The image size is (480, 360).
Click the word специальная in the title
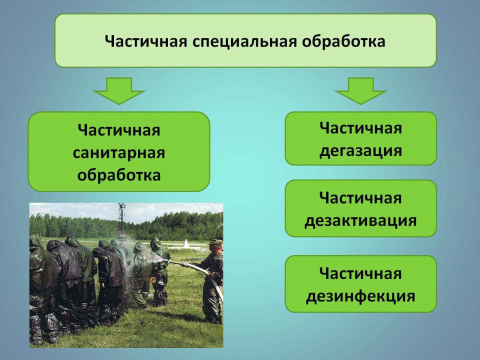point(245,41)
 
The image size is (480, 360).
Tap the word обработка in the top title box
point(343,41)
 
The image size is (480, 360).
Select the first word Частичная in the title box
point(146,41)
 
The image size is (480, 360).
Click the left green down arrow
point(119,90)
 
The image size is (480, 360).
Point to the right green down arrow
point(360,90)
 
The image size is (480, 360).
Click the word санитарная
point(119,152)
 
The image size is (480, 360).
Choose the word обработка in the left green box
point(119,175)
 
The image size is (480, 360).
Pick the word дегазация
point(360,151)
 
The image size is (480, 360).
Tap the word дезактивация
point(360,220)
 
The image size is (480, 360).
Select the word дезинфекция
point(360,296)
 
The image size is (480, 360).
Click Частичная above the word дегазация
point(360,128)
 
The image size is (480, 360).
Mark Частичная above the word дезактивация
point(360,198)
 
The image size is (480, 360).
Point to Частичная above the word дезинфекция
point(360,273)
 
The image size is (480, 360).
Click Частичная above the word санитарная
point(119,130)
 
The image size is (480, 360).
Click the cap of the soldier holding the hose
point(216,242)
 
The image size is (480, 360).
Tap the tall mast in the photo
point(122,221)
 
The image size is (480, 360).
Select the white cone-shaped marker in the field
point(186,243)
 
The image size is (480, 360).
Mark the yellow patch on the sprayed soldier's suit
point(153,279)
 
